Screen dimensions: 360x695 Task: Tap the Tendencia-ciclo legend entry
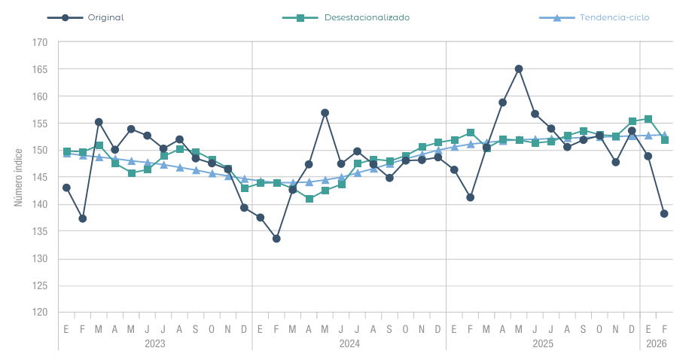(595, 17)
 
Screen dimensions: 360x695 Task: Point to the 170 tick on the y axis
(41, 43)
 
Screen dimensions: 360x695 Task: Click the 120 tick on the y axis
(41, 313)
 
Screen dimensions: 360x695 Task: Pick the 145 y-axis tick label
(41, 178)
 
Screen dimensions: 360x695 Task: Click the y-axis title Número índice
(18, 178)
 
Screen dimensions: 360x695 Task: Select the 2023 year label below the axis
(155, 343)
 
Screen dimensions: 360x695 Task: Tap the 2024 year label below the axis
(349, 343)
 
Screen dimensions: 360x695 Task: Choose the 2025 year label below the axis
(543, 343)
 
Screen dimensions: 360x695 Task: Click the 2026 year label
(656, 343)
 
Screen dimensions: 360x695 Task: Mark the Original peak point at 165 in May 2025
(519, 69)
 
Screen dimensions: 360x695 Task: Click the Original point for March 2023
(99, 122)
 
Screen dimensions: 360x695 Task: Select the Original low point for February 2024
(276, 239)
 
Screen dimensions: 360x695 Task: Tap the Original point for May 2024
(325, 113)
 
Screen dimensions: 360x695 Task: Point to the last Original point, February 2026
(664, 214)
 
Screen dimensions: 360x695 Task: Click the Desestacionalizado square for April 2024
(309, 199)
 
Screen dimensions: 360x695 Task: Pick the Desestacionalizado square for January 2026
(648, 119)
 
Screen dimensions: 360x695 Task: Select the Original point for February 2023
(82, 218)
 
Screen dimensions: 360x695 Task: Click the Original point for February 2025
(471, 197)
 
